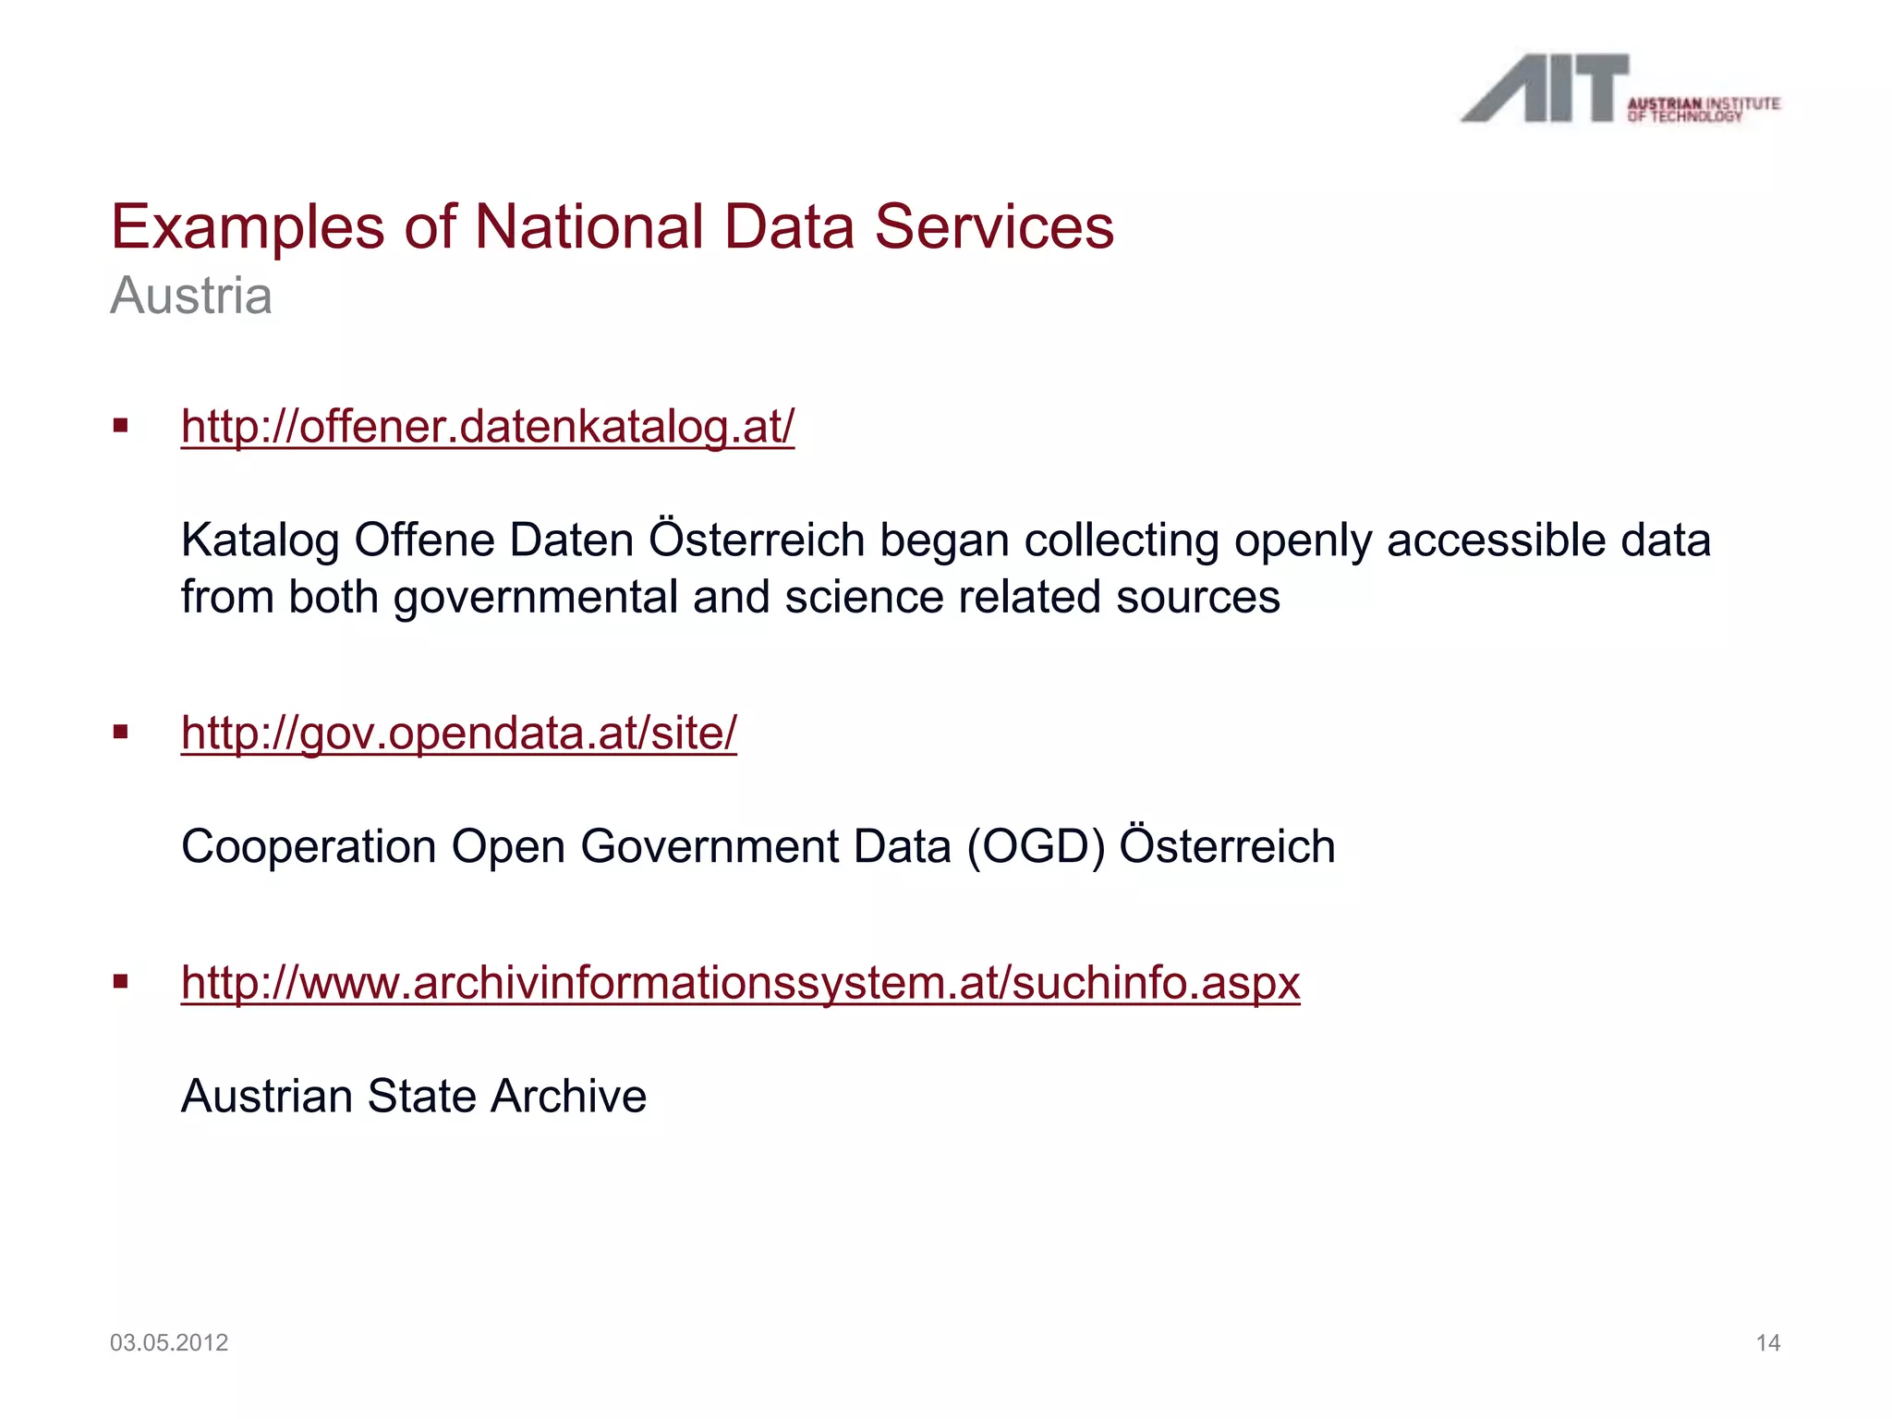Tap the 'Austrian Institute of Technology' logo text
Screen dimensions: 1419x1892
1703,109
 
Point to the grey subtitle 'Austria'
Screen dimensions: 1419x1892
191,297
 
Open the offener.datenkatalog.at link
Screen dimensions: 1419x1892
488,427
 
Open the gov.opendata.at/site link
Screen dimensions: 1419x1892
459,734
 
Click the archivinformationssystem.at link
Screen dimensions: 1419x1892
740,983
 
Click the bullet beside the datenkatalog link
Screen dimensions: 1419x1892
120,426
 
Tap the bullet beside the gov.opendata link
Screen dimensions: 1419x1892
120,733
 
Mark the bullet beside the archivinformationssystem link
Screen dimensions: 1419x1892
120,982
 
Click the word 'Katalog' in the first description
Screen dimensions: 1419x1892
261,541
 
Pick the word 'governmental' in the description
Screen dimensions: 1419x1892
535,598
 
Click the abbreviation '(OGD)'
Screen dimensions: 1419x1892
1036,847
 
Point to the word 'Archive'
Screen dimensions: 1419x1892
568,1097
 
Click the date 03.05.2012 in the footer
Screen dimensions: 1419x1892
169,1342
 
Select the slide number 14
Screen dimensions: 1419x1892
1767,1343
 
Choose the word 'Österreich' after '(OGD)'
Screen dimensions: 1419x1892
1227,847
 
